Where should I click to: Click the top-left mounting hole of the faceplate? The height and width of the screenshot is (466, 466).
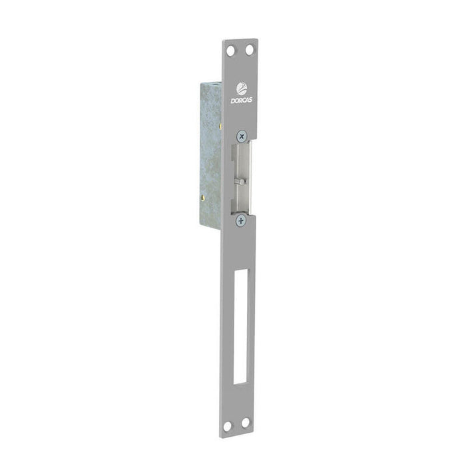pyautogui.click(x=230, y=51)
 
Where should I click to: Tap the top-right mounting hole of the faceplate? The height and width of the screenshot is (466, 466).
pyautogui.click(x=249, y=49)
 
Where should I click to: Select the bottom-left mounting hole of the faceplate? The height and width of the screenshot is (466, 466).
pyautogui.click(x=227, y=425)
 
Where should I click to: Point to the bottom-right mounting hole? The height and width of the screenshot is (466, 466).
pyautogui.click(x=245, y=422)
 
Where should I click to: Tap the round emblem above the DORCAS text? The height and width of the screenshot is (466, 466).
pyautogui.click(x=241, y=89)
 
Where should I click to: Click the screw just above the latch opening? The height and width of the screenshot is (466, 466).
pyautogui.click(x=242, y=135)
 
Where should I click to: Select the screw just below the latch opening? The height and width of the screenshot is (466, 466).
pyautogui.click(x=240, y=220)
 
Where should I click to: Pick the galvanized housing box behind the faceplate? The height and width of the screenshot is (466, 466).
pyautogui.click(x=210, y=153)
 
